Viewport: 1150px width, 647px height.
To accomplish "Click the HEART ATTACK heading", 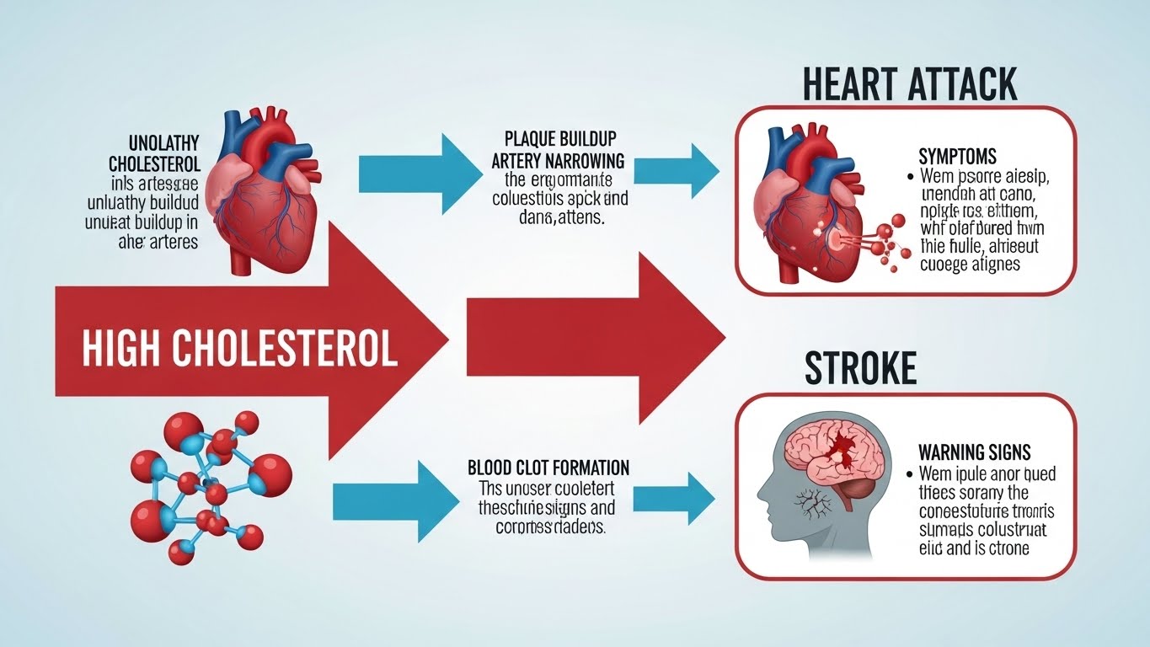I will [909, 84].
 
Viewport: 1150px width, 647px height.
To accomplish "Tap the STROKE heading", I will [860, 368].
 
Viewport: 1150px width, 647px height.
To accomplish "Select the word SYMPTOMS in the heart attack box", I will [957, 157].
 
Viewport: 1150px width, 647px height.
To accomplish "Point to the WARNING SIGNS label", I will [974, 452].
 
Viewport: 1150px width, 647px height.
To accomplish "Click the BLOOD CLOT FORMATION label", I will [548, 468].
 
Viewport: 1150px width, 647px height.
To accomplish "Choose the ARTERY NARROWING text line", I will [558, 160].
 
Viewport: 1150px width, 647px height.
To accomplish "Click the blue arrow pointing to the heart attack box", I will [676, 164].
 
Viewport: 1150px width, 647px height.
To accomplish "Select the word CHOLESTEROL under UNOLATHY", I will [154, 163].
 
